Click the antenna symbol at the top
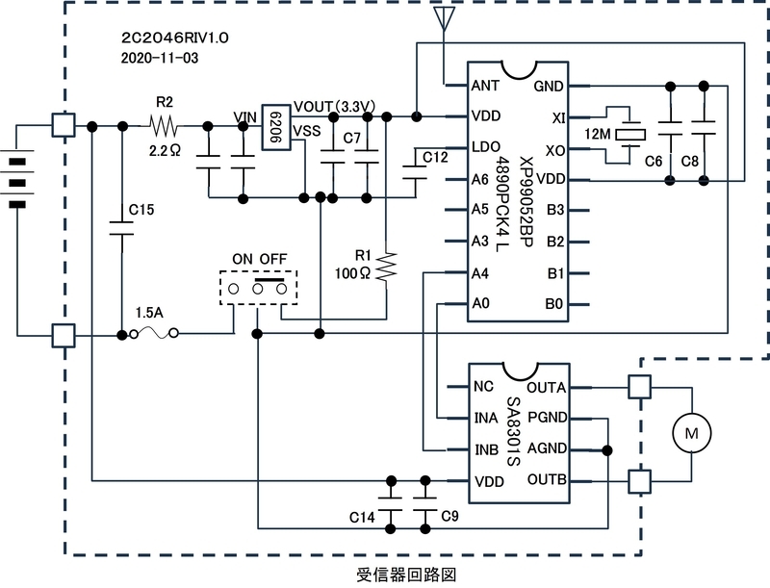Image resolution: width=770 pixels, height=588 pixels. (x=445, y=18)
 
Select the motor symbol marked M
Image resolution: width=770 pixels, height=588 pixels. (x=691, y=433)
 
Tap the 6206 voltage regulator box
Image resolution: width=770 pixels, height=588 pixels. (x=276, y=127)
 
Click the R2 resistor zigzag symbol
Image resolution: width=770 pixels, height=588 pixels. (x=164, y=126)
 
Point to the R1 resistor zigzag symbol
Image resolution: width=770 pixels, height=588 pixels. (x=387, y=267)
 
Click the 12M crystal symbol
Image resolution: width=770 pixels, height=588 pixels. (x=630, y=134)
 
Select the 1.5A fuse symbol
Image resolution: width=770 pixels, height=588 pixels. (x=154, y=334)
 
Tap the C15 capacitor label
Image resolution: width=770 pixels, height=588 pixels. (x=141, y=210)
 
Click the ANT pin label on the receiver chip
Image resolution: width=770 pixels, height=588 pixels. (x=485, y=86)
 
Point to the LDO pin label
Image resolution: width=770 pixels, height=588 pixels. (x=486, y=146)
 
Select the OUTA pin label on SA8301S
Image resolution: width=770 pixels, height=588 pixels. (x=547, y=388)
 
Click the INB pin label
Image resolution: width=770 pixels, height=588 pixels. (x=487, y=450)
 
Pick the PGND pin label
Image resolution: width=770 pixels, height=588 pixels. (x=548, y=418)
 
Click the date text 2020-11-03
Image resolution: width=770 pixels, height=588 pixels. (x=160, y=58)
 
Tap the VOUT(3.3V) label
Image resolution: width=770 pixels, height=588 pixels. (x=334, y=107)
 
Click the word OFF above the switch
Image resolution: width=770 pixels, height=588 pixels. (x=273, y=259)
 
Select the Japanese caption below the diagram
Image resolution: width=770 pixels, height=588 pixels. (x=406, y=575)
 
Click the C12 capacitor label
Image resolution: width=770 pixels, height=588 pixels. (x=436, y=157)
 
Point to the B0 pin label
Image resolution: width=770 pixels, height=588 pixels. (x=554, y=304)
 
